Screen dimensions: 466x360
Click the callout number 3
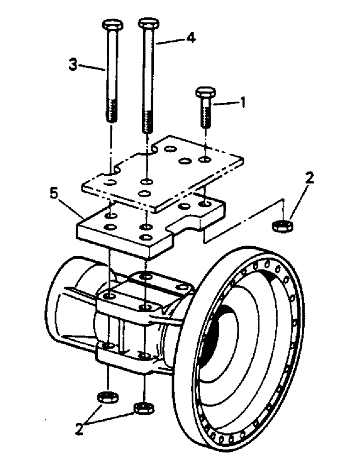pyautogui.click(x=72, y=65)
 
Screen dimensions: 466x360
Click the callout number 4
pyautogui.click(x=190, y=39)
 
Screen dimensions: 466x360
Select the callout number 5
pyautogui.click(x=55, y=193)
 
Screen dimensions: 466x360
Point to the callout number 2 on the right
pyautogui.click(x=310, y=178)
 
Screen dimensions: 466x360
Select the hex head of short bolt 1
pyautogui.click(x=205, y=91)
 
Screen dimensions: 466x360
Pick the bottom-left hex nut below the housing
pyautogui.click(x=108, y=397)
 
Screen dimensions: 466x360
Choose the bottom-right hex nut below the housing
pyautogui.click(x=143, y=408)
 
